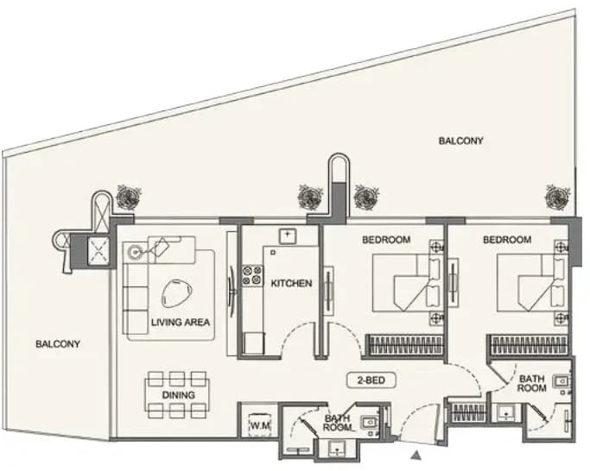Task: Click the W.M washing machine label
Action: pyautogui.click(x=260, y=425)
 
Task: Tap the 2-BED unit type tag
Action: pyautogui.click(x=371, y=380)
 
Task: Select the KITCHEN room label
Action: pyautogui.click(x=291, y=283)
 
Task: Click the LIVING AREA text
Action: pyautogui.click(x=181, y=322)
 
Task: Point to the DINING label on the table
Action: pyautogui.click(x=178, y=395)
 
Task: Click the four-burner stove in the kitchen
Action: pyautogui.click(x=252, y=275)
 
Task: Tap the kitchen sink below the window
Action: pyautogui.click(x=288, y=236)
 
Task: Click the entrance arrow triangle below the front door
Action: pyautogui.click(x=416, y=455)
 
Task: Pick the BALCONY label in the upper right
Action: pyautogui.click(x=461, y=141)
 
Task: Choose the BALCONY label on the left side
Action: pyautogui.click(x=58, y=344)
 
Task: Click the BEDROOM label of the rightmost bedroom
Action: pyautogui.click(x=507, y=240)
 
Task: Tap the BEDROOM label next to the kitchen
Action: pyautogui.click(x=386, y=240)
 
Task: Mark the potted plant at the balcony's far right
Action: pyautogui.click(x=556, y=197)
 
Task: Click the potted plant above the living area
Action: pyautogui.click(x=129, y=197)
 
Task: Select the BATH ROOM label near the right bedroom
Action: pyautogui.click(x=531, y=383)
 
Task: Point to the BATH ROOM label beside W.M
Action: pyautogui.click(x=337, y=423)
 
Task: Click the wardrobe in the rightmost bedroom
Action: pyautogui.click(x=528, y=344)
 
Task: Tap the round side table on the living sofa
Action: pyautogui.click(x=134, y=252)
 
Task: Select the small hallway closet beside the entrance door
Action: pyautogui.click(x=467, y=412)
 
